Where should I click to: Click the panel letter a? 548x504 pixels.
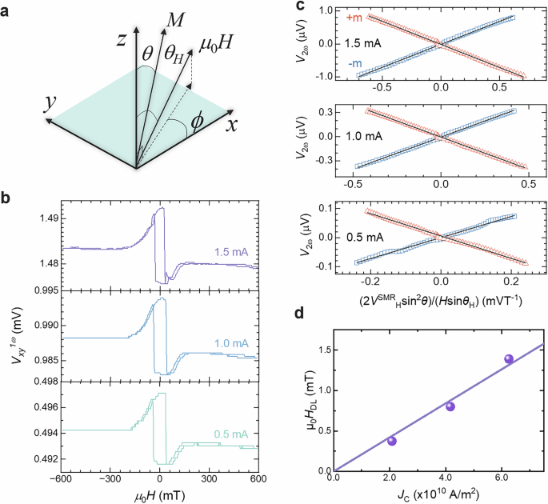click(10, 10)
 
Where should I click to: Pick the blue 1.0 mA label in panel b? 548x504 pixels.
click(230, 343)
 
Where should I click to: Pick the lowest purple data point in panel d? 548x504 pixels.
click(392, 441)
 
